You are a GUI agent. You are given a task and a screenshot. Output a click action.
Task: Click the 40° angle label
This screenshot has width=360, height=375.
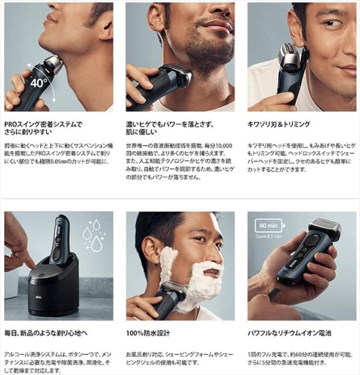[x=39, y=83]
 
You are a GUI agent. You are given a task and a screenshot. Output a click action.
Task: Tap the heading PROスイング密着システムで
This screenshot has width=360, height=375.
[x=43, y=124]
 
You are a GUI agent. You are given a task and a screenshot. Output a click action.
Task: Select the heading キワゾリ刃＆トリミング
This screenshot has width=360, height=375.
[x=279, y=124]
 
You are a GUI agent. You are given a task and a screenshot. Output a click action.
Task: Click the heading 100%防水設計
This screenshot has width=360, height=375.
[x=148, y=333]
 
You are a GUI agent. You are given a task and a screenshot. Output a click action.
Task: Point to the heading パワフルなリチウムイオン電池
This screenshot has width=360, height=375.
[x=289, y=333]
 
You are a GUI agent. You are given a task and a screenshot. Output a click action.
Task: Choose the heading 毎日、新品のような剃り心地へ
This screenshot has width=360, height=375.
[x=46, y=333]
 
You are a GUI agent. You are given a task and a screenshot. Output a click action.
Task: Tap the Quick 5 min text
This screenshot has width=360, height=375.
[x=268, y=236]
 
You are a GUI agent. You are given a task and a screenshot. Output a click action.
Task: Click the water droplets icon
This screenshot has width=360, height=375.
[x=94, y=235]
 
